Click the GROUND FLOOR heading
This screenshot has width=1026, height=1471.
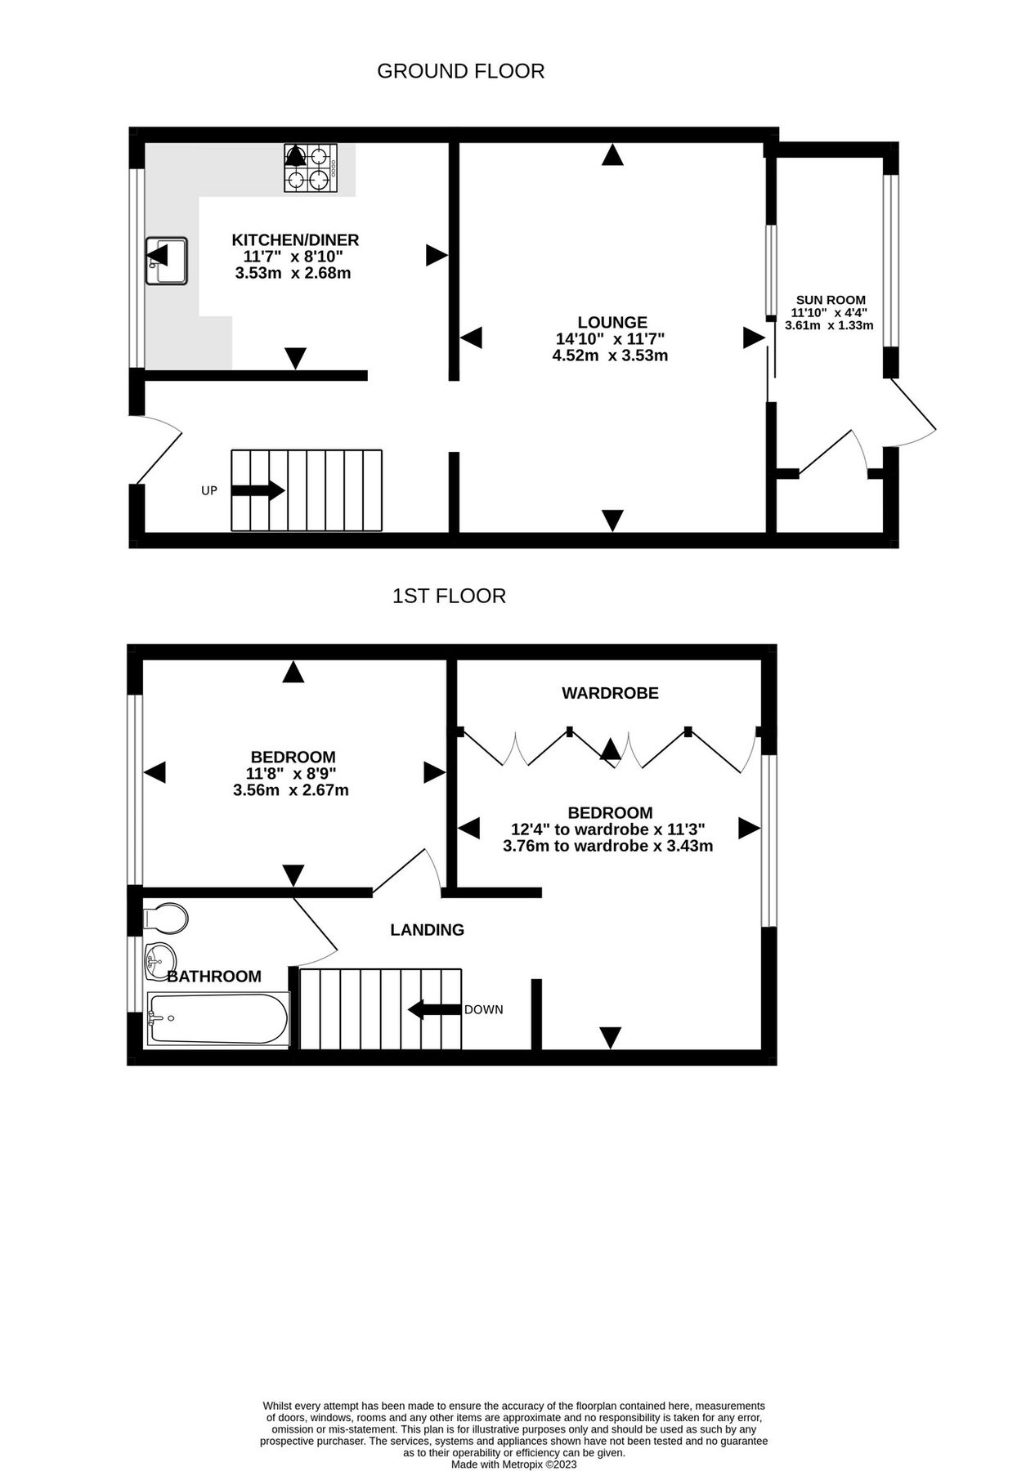(460, 71)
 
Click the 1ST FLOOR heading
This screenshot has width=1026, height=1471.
(449, 596)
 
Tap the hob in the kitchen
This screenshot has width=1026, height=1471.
(311, 168)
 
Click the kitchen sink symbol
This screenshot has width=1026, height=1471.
(167, 261)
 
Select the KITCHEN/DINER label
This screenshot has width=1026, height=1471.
(295, 239)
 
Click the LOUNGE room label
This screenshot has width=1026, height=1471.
(612, 322)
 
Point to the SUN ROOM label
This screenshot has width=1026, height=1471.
(830, 300)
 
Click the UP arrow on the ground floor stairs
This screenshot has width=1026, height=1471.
(258, 490)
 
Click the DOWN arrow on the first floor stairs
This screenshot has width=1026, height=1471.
(434, 1009)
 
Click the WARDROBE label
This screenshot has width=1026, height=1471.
(610, 693)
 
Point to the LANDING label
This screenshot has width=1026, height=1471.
(427, 929)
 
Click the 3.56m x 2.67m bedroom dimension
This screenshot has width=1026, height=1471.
(291, 790)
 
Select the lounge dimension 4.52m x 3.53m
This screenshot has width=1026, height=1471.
(610, 355)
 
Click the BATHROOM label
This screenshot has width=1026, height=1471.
(214, 977)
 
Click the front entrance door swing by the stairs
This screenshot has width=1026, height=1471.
(159, 448)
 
